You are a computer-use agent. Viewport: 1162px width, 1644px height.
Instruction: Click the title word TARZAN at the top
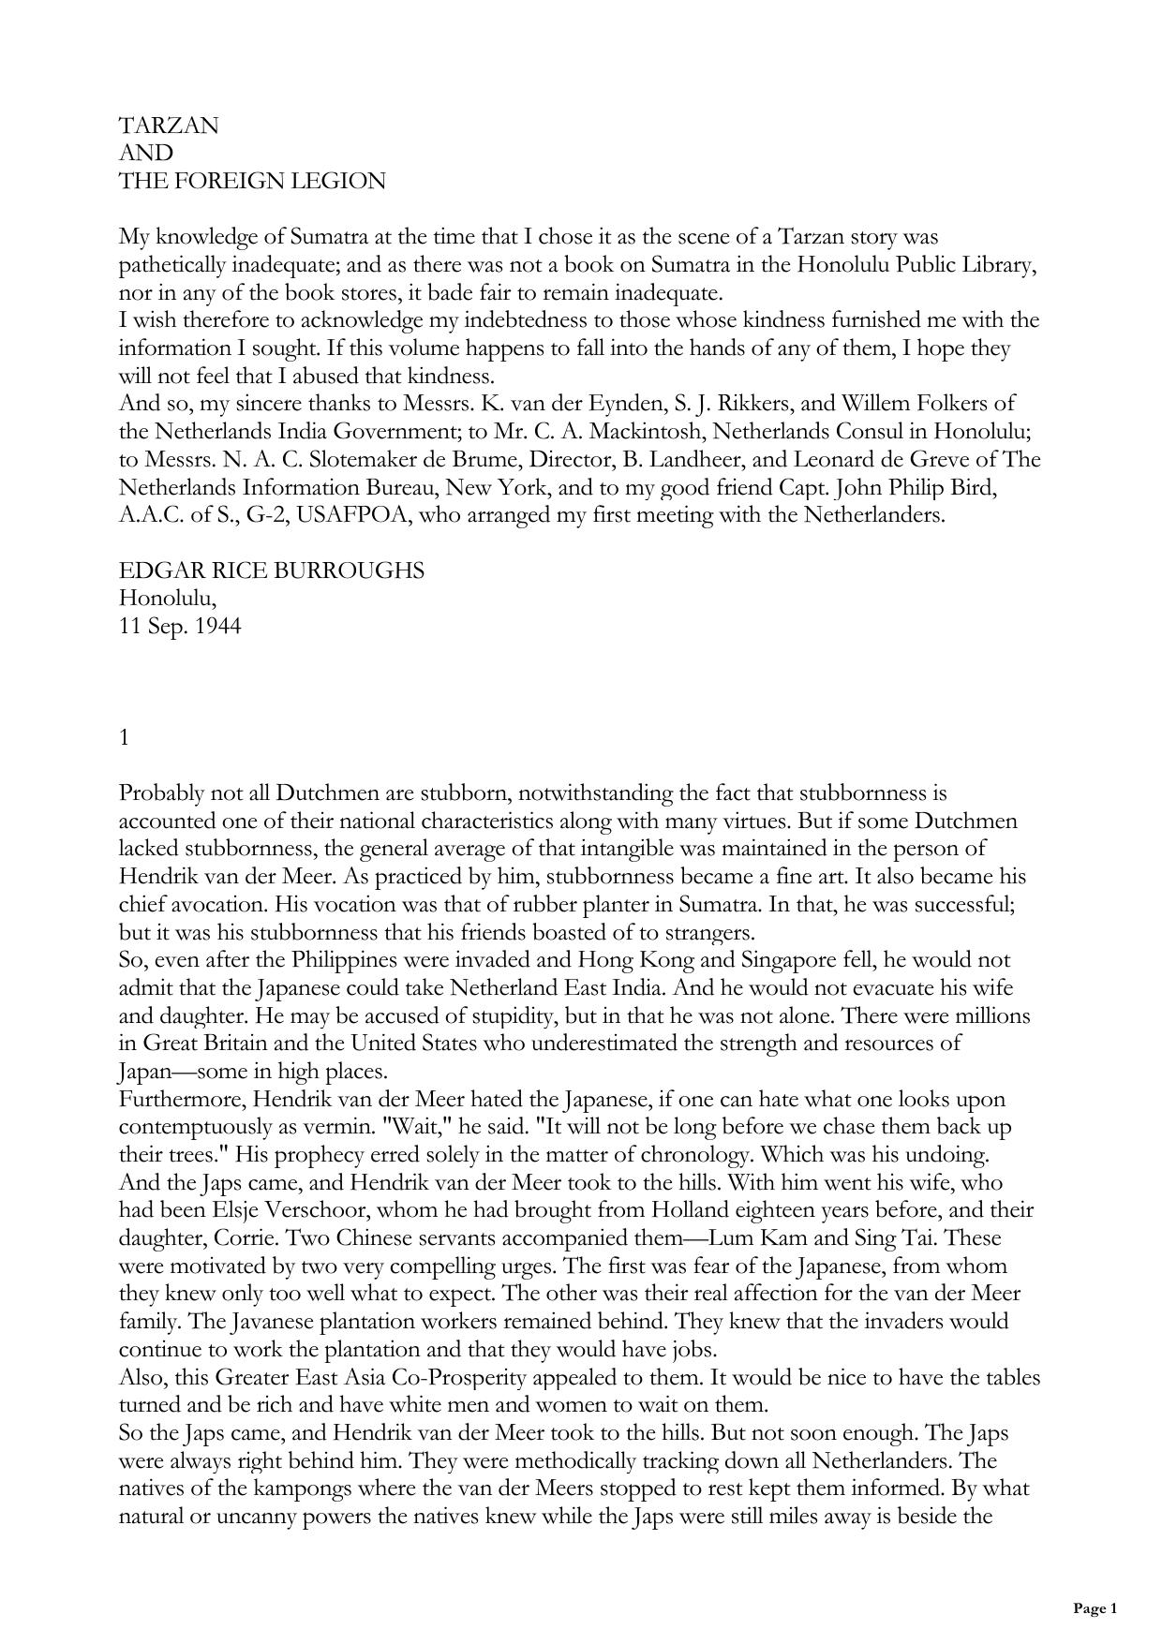(x=169, y=126)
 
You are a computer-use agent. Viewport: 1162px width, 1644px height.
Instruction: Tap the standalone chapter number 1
(x=125, y=737)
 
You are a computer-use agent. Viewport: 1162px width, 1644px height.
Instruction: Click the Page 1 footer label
(x=1095, y=1609)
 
